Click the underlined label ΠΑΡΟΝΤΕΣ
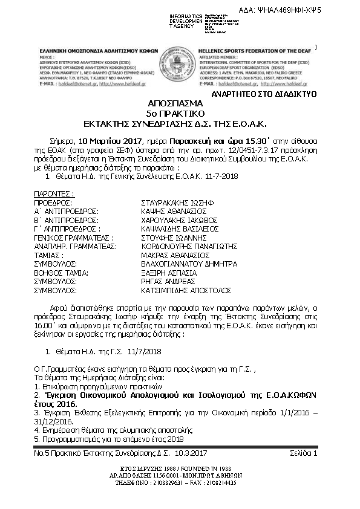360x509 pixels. point(54,193)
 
